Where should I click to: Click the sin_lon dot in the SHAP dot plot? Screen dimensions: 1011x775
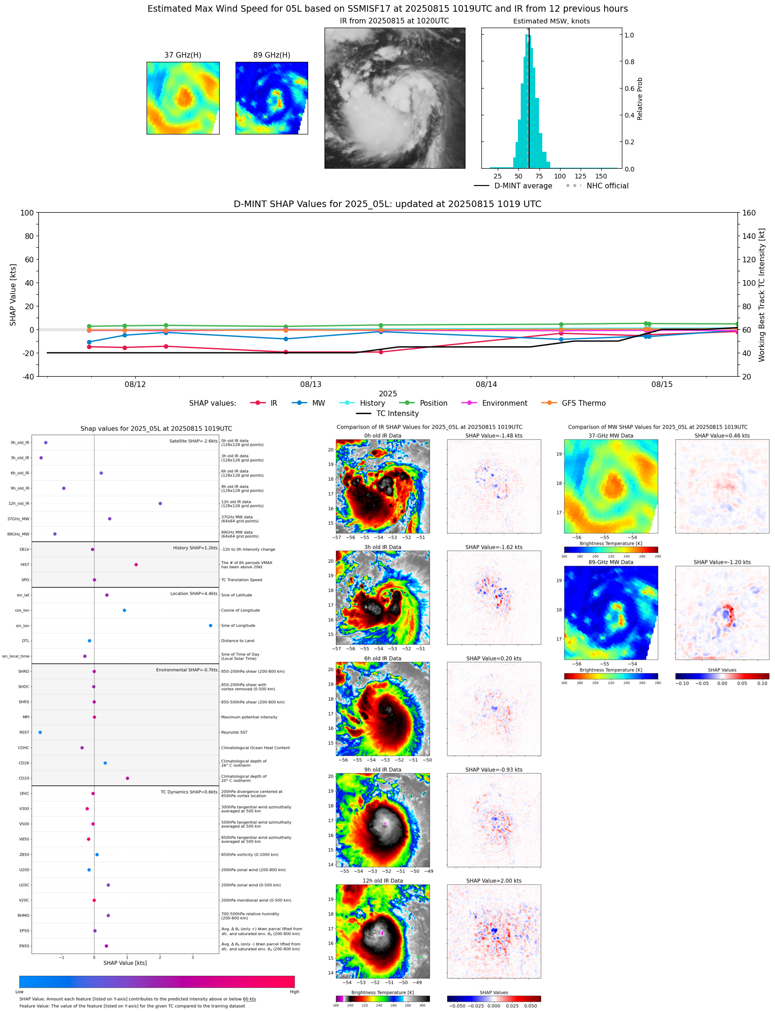(x=210, y=625)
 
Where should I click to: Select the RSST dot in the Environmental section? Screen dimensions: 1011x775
(x=40, y=732)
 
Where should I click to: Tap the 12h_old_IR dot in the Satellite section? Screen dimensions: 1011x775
(x=160, y=504)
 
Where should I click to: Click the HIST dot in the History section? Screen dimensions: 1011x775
(x=136, y=565)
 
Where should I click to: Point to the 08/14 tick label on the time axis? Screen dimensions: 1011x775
(x=486, y=385)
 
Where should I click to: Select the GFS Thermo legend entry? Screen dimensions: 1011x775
(x=583, y=403)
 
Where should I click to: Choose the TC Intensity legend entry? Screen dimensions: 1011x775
(x=397, y=414)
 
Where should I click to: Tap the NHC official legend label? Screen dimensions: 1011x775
(x=607, y=186)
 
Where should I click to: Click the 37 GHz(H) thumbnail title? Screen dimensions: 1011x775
(x=183, y=55)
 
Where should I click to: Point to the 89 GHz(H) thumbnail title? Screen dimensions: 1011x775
(x=272, y=55)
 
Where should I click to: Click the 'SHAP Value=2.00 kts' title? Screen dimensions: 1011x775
(x=494, y=881)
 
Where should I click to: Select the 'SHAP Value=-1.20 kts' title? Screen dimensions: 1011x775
(x=722, y=562)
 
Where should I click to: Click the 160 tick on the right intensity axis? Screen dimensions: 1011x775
(x=749, y=213)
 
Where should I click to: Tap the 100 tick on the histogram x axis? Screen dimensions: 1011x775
(x=560, y=177)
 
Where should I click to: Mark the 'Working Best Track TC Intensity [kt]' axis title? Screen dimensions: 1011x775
(x=762, y=295)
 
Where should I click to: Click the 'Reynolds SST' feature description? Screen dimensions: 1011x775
(x=234, y=732)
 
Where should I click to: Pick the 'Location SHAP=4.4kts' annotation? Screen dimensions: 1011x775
(x=193, y=594)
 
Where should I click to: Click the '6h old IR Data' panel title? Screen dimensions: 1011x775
(x=383, y=659)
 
